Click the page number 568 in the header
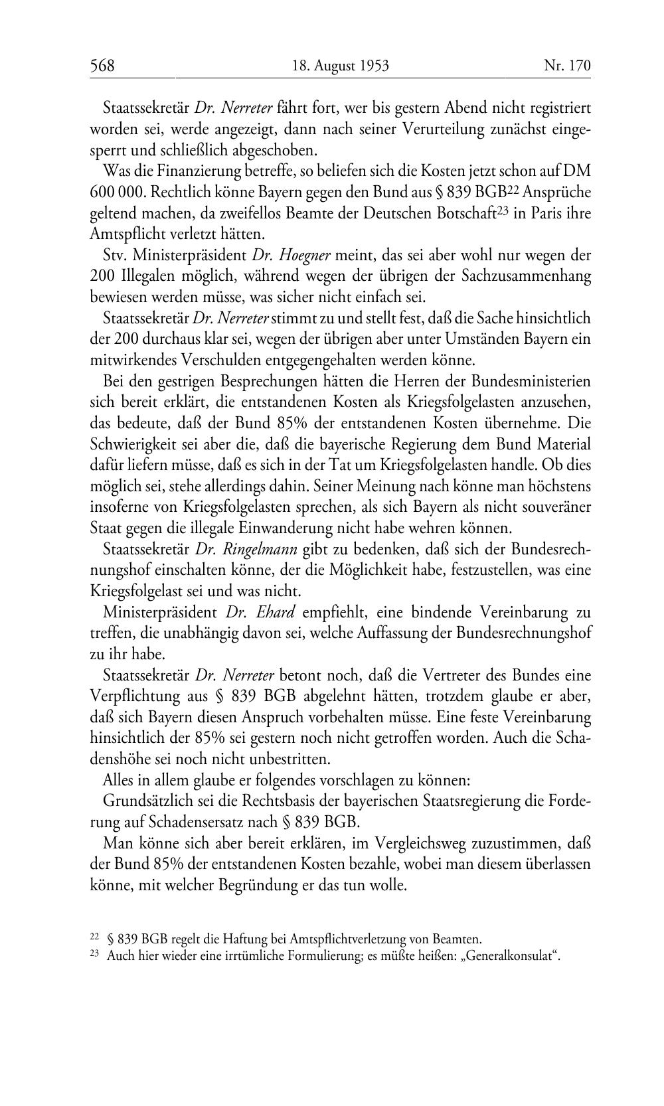[102, 66]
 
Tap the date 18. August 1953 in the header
[340, 66]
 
